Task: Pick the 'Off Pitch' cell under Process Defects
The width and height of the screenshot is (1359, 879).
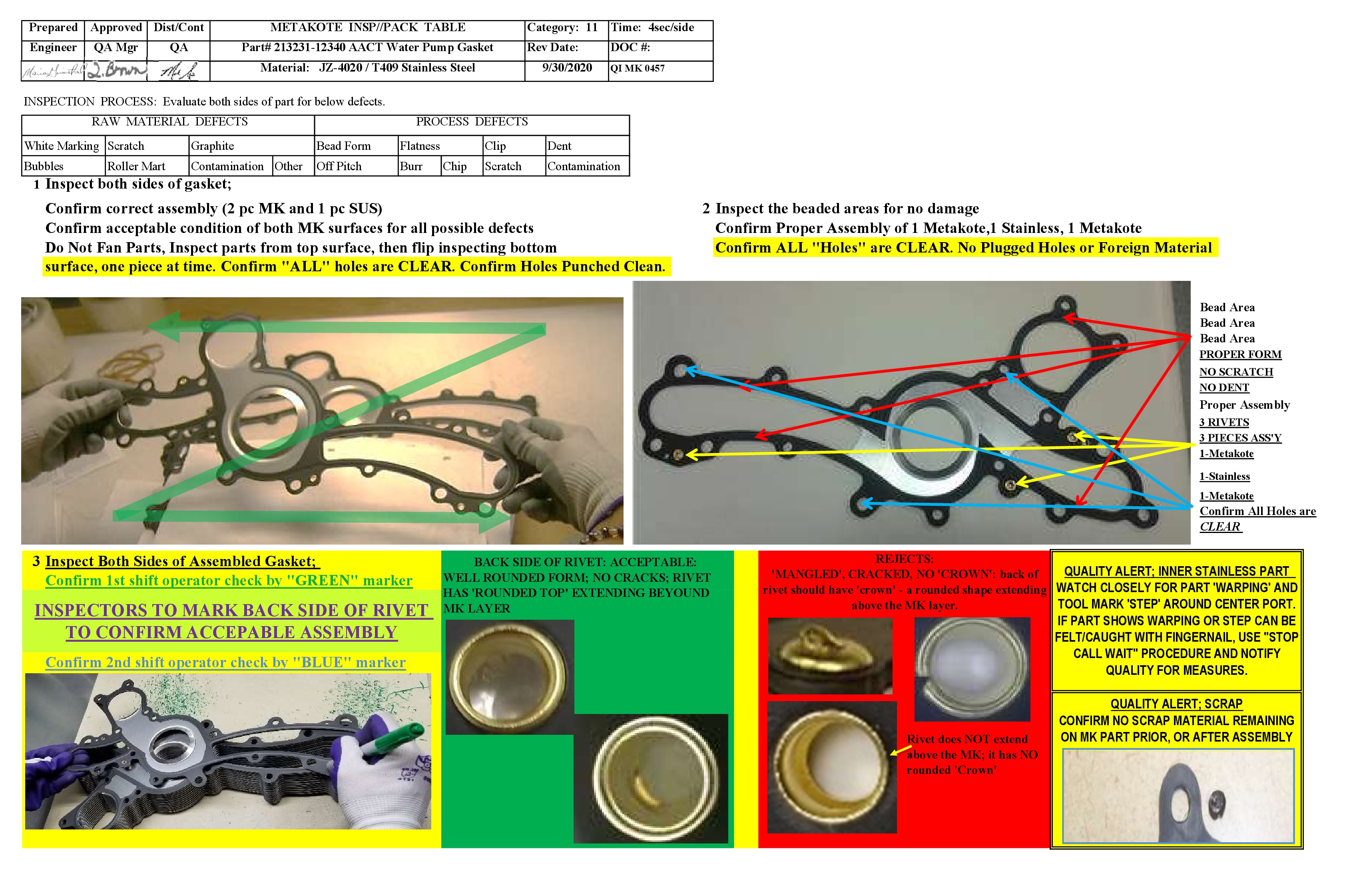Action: tap(339, 166)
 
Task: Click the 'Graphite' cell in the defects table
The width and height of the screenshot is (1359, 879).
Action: tap(212, 146)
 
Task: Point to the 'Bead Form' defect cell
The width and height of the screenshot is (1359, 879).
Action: tap(344, 146)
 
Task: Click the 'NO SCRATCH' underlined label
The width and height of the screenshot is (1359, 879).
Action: tap(1235, 372)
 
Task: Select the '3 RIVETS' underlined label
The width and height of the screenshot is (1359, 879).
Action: tap(1223, 422)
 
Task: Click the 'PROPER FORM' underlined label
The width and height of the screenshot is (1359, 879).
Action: tap(1239, 354)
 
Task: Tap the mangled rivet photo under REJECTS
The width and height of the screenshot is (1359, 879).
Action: tap(830, 656)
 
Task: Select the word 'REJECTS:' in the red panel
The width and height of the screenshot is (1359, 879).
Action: tap(905, 559)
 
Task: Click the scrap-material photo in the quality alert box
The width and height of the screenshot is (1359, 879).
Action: tap(1178, 796)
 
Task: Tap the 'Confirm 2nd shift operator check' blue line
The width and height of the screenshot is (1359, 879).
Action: tap(225, 663)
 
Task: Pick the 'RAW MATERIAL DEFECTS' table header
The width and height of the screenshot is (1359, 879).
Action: tap(169, 121)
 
